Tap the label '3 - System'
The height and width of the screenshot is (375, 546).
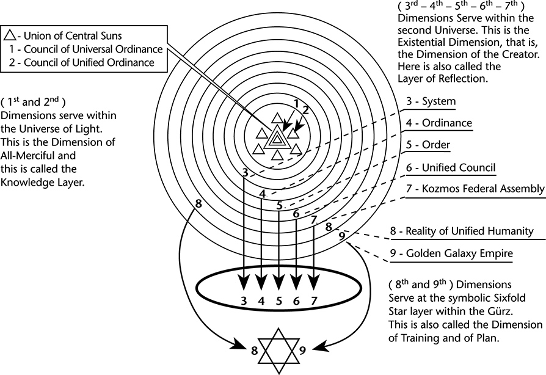point(431,101)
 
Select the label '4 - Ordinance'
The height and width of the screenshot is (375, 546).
point(439,123)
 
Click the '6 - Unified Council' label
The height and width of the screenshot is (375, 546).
point(450,167)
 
